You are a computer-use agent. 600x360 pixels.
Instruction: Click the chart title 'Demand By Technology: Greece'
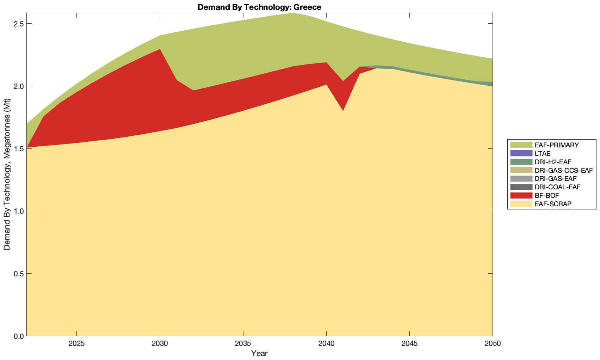point(259,7)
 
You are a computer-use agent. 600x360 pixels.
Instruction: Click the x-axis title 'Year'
point(259,353)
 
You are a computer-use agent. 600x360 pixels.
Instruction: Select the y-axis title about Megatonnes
point(7,175)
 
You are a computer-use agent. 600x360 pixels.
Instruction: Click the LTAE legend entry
point(542,153)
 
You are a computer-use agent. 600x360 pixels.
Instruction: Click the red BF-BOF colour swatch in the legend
point(521,196)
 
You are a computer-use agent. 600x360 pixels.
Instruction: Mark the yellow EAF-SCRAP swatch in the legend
point(521,204)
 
